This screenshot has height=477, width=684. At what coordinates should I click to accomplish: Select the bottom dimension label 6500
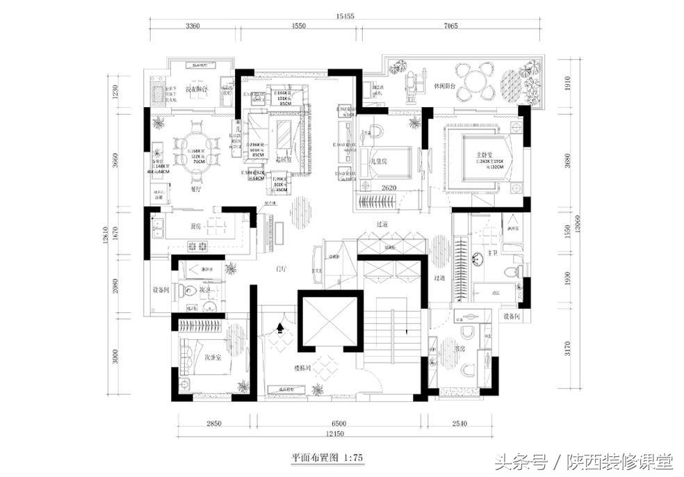pyautogui.click(x=339, y=423)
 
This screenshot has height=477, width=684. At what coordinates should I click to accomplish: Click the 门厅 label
pyautogui.click(x=281, y=267)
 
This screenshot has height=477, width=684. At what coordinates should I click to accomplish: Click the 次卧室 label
pyautogui.click(x=212, y=357)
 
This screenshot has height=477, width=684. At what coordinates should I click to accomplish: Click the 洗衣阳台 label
pyautogui.click(x=197, y=90)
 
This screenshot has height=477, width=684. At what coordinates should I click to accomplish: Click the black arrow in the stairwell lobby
pyautogui.click(x=280, y=327)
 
